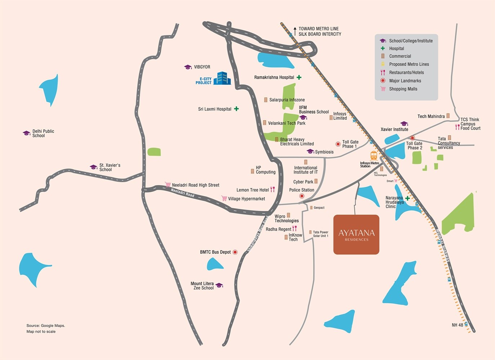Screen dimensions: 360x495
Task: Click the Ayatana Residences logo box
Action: (x=356, y=235)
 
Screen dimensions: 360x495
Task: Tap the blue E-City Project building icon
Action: (x=222, y=78)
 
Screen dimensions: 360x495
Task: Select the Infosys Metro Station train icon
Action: (x=374, y=156)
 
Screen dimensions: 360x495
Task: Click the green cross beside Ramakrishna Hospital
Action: (x=299, y=77)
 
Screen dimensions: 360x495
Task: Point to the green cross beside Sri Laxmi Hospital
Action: (x=236, y=109)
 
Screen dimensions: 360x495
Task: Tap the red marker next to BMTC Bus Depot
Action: (x=235, y=252)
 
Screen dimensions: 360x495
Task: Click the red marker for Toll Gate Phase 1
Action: (x=338, y=144)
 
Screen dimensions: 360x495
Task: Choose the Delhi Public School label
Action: (x=43, y=134)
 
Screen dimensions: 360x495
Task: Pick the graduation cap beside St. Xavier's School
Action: (x=94, y=167)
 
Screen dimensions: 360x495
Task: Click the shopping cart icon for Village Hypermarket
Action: (x=224, y=198)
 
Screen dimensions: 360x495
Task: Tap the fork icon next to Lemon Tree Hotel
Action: (x=272, y=189)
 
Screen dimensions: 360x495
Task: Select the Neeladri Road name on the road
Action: (x=183, y=193)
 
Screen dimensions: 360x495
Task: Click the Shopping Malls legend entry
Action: (x=403, y=89)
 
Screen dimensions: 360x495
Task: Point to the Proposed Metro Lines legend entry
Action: (x=409, y=64)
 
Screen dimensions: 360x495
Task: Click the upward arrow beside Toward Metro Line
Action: (x=295, y=31)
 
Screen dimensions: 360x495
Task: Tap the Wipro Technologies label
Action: (x=286, y=219)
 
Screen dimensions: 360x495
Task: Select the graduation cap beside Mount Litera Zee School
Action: (x=219, y=285)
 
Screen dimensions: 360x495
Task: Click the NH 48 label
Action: (x=457, y=325)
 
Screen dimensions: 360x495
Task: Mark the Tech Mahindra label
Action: (x=431, y=116)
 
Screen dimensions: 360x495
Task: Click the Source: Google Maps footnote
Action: (x=46, y=325)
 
